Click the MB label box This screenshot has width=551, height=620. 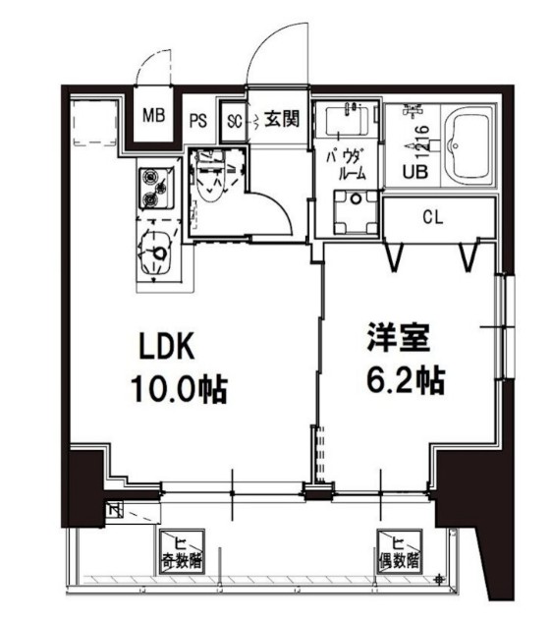(x=152, y=116)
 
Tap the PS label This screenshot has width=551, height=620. (x=197, y=121)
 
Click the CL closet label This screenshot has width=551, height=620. (x=432, y=217)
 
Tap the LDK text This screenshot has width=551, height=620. (x=167, y=349)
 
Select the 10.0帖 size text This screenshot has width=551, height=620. (x=178, y=390)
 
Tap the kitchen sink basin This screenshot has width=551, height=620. (x=154, y=254)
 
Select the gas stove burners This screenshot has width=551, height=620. (x=153, y=188)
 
